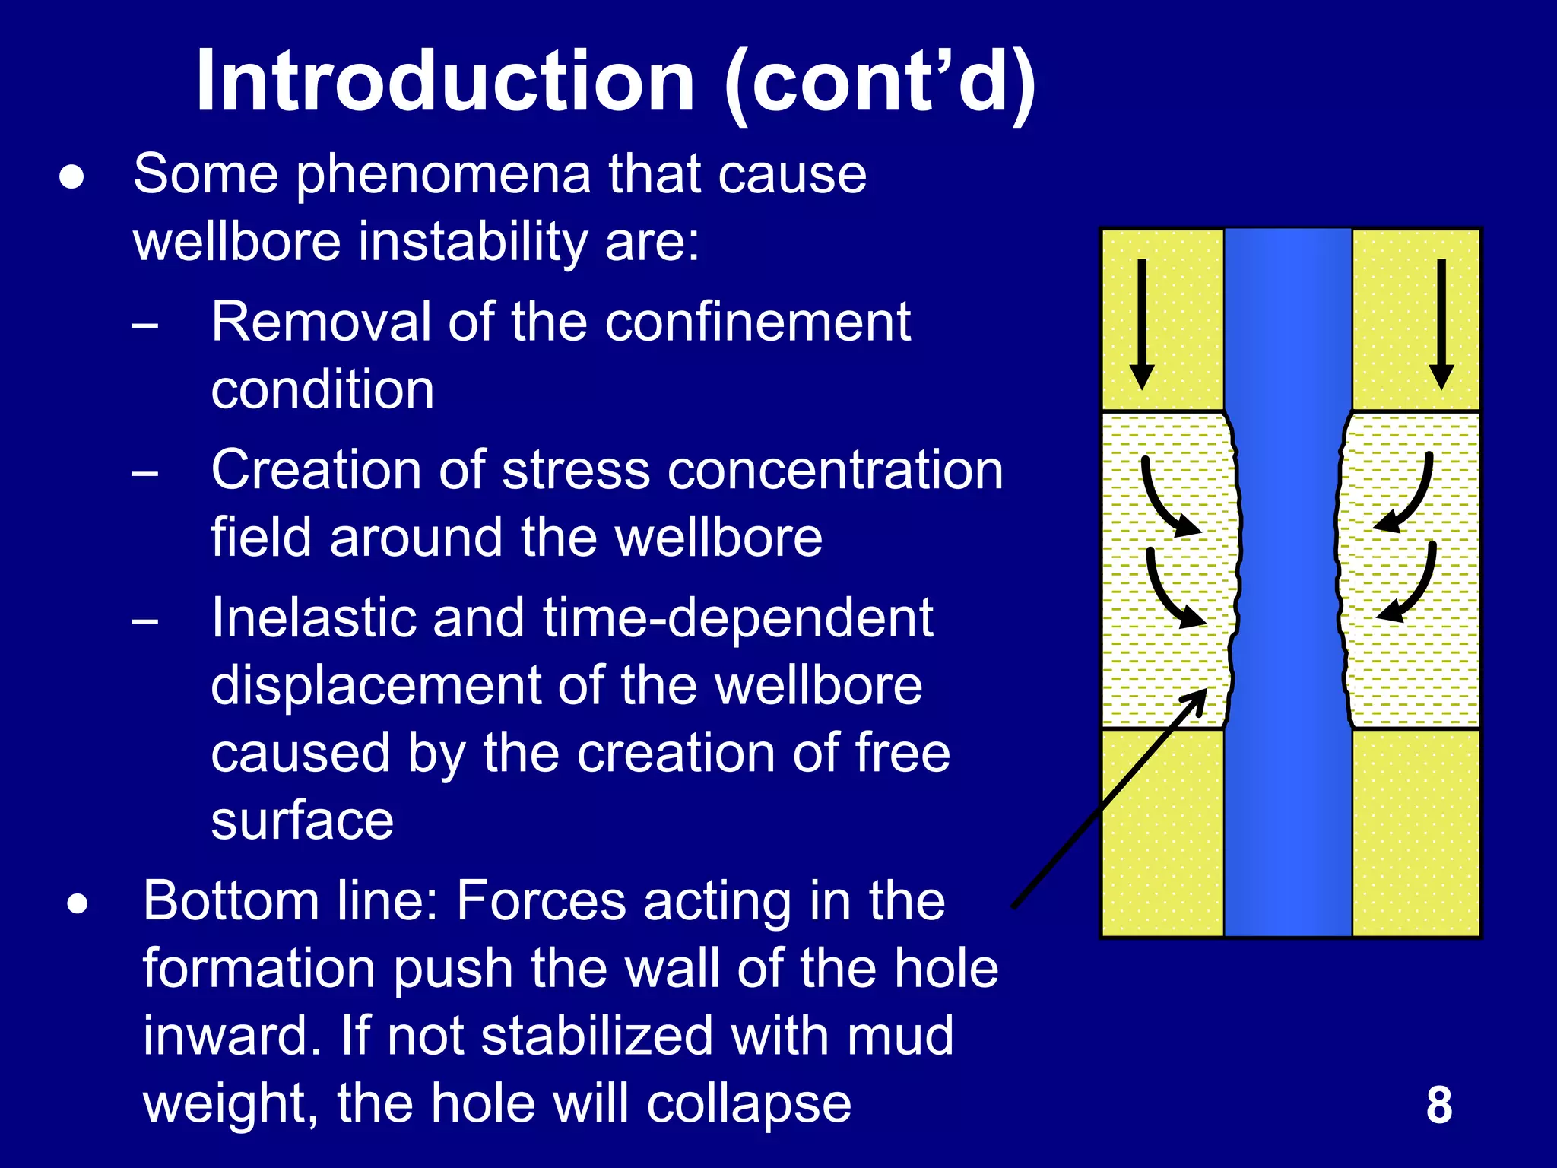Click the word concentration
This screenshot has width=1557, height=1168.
tap(827, 469)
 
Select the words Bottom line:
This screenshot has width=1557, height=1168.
tap(291, 901)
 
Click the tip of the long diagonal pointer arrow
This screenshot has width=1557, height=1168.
tap(1204, 692)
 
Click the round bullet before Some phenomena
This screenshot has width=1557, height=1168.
tap(72, 178)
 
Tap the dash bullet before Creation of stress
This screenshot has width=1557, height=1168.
tap(144, 474)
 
